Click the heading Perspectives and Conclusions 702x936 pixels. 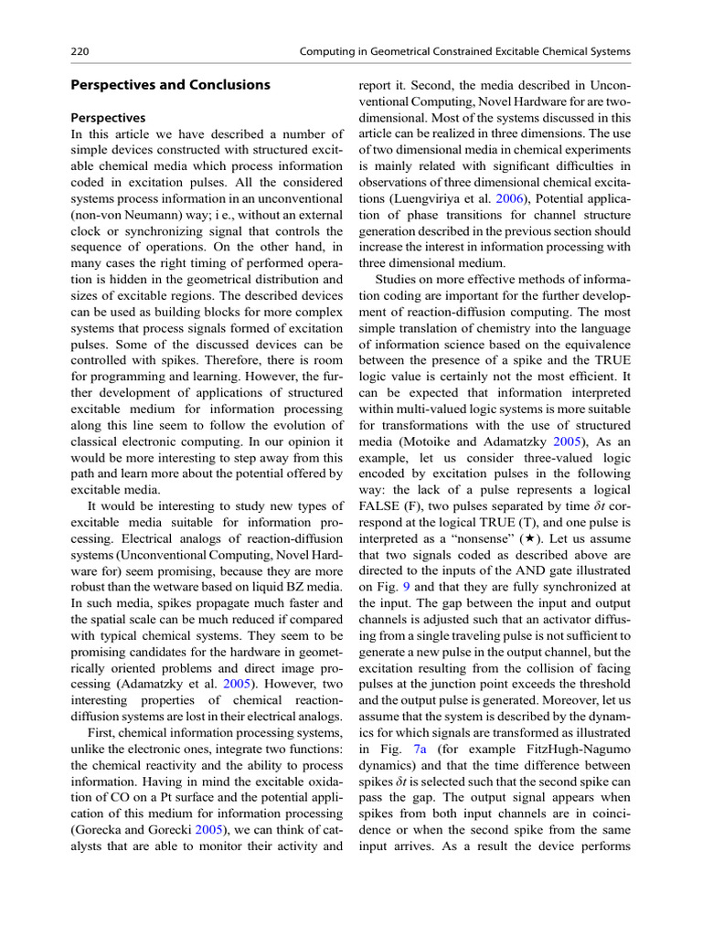[x=171, y=85]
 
